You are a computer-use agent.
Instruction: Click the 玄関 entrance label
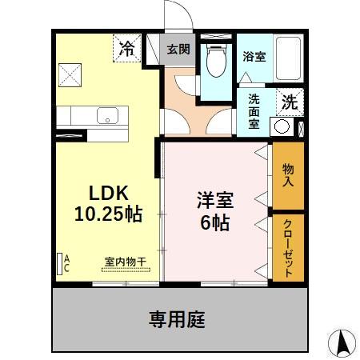(x=178, y=49)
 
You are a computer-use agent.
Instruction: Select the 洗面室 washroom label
(x=254, y=111)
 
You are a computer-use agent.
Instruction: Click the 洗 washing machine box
(x=287, y=102)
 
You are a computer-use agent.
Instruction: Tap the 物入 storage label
(x=288, y=175)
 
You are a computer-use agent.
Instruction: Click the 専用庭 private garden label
(x=177, y=320)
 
